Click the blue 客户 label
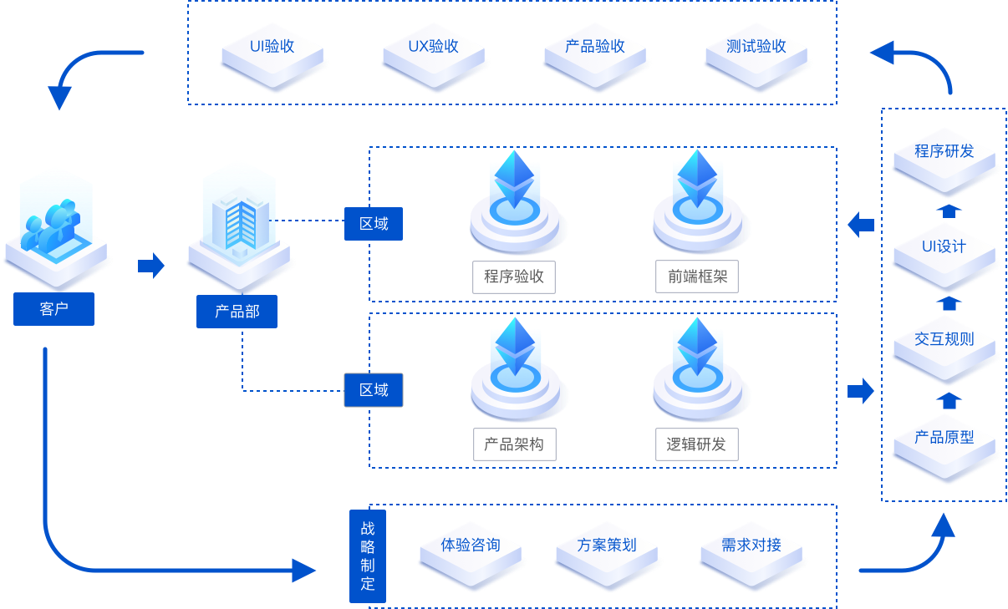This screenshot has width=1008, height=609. coord(53,309)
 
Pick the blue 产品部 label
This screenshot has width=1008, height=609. coord(237,312)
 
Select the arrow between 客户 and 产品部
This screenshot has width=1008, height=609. coord(151,266)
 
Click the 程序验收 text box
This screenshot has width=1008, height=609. coord(514,277)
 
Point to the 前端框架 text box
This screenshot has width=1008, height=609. coord(698,277)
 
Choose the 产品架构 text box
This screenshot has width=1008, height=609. coord(514,444)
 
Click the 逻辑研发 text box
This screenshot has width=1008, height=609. coord(696,444)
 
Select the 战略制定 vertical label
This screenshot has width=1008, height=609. coord(368,556)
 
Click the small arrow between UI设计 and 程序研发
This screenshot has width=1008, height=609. coord(947,209)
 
